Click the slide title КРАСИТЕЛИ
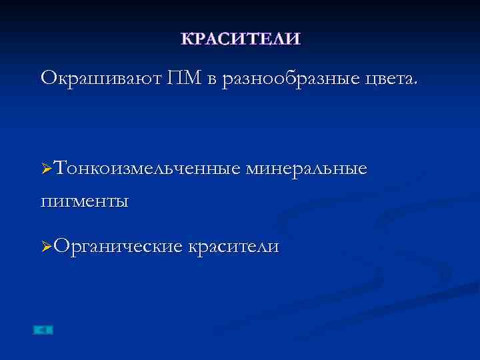click(240, 39)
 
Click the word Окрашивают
click(99, 79)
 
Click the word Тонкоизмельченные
click(147, 169)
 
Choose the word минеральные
click(306, 169)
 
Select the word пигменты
click(85, 199)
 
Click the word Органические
click(119, 247)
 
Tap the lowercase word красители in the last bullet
click(234, 247)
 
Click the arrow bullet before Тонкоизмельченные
click(46, 171)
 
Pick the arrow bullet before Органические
click(46, 248)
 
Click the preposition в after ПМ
click(211, 80)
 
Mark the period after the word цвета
click(417, 84)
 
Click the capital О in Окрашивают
click(48, 79)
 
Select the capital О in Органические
click(61, 247)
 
